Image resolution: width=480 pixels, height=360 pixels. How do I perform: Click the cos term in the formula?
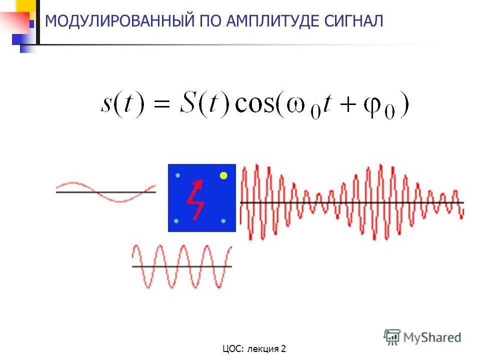coord(254,104)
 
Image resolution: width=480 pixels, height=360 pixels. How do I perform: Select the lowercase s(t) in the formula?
coord(121,104)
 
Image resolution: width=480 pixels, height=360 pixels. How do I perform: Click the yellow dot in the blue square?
coord(223,175)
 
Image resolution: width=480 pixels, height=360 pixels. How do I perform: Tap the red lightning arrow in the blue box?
coord(195,198)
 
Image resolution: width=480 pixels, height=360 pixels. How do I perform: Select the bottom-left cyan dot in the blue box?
coord(176,221)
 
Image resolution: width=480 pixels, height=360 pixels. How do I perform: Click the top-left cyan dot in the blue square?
coord(177,175)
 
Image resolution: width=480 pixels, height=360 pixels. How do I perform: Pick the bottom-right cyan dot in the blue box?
coord(223,221)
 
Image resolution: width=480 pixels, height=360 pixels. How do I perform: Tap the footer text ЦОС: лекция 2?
coord(254,348)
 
